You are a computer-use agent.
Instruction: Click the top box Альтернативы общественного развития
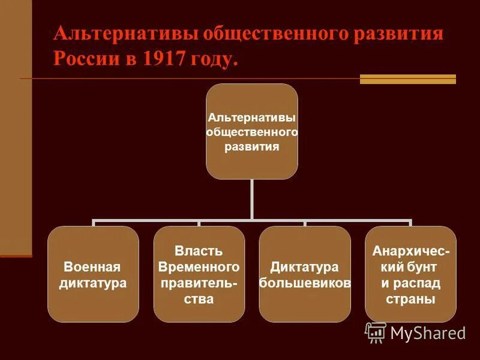pyautogui.click(x=252, y=131)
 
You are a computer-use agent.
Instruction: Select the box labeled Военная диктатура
pyautogui.click(x=93, y=274)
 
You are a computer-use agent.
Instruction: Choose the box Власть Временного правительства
pyautogui.click(x=199, y=274)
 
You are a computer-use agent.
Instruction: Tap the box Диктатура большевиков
pyautogui.click(x=305, y=274)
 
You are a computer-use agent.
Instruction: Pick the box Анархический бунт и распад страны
pyautogui.click(x=410, y=274)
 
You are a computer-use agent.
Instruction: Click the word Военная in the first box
pyautogui.click(x=93, y=267)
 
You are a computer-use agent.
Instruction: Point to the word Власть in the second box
pyautogui.click(x=199, y=250)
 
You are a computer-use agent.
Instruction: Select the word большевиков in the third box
pyautogui.click(x=305, y=283)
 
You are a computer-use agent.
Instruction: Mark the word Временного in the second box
pyautogui.click(x=199, y=266)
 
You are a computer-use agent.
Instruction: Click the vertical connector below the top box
pyautogui.click(x=252, y=199)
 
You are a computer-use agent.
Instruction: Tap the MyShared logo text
pyautogui.click(x=428, y=333)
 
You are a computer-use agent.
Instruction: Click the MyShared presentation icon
pyautogui.click(x=376, y=332)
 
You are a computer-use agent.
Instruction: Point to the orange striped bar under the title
pyautogui.click(x=408, y=79)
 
